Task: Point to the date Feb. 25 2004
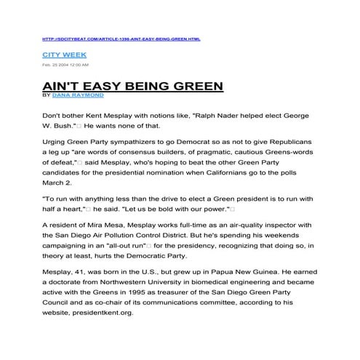point(57,65)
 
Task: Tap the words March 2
point(59,185)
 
